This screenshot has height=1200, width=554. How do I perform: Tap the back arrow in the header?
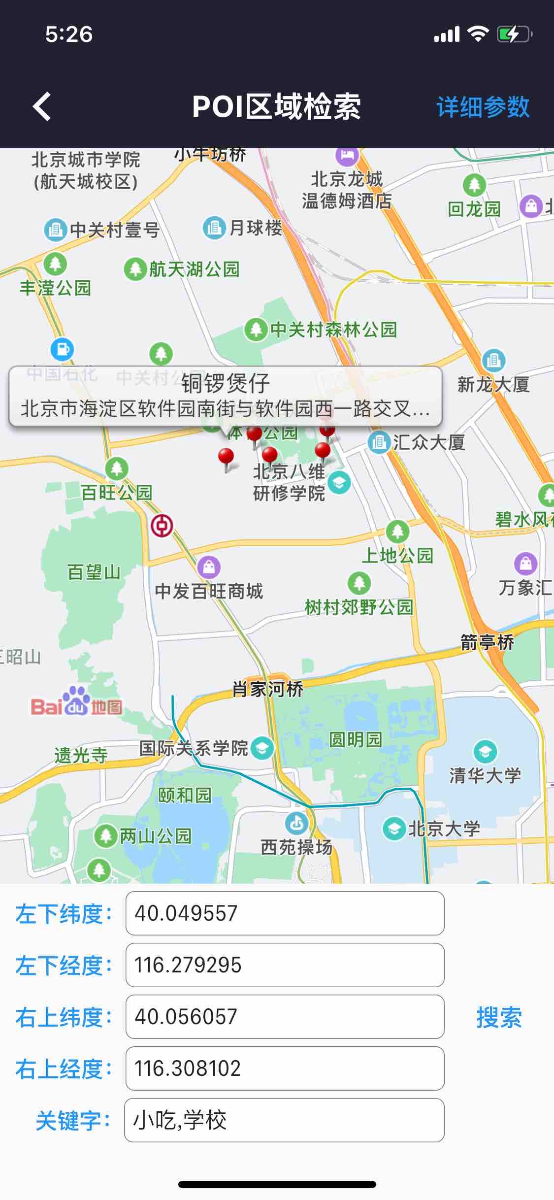coord(42,106)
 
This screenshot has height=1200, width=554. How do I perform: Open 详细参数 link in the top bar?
coord(483,107)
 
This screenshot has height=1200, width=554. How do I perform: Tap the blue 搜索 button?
coord(499,1017)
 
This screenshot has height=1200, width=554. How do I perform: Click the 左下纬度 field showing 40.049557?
coord(285,913)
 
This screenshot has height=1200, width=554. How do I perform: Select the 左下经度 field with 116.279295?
coord(285,965)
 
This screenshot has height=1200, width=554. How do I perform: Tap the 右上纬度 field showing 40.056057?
coord(285,1017)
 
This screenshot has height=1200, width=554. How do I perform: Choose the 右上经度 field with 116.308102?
coord(285,1068)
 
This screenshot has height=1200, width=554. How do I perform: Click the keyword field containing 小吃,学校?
coord(285,1120)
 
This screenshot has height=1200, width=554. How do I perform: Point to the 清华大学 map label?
coord(485,775)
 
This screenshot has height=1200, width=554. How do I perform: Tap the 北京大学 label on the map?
coord(444,829)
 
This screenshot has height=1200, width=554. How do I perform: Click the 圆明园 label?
coord(355,739)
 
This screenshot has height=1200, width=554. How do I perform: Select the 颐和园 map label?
coord(184,795)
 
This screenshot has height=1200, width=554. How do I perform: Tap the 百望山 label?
coord(94,572)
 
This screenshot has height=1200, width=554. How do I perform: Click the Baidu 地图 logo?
coord(76,702)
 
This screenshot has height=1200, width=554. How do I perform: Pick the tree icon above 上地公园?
coord(397,531)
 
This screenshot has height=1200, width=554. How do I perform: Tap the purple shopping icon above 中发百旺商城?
coord(209,567)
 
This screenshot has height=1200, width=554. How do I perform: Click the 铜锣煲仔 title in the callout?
coord(226,383)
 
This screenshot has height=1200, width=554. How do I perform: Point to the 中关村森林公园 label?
coord(333,330)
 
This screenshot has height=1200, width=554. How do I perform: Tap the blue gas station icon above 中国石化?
coord(62,349)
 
